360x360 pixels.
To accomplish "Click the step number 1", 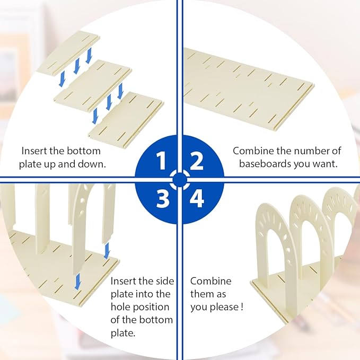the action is pyautogui.click(x=161, y=161).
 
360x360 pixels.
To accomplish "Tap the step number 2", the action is pyautogui.click(x=197, y=161).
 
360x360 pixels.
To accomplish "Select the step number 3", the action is pyautogui.click(x=163, y=198).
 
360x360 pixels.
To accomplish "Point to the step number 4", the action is pyautogui.click(x=197, y=198).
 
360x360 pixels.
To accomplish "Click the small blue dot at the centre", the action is pyautogui.click(x=180, y=180).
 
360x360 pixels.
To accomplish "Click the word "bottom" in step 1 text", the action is pyautogui.click(x=84, y=151).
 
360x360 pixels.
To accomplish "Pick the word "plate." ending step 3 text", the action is pyautogui.click(x=123, y=333).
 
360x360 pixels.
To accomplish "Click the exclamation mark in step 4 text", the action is pyautogui.click(x=242, y=307).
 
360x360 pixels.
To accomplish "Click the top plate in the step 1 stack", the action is pyautogui.click(x=68, y=53).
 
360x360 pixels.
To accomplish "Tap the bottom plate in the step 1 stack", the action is pyautogui.click(x=126, y=120).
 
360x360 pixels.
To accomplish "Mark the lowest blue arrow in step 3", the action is pyautogui.click(x=78, y=281).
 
